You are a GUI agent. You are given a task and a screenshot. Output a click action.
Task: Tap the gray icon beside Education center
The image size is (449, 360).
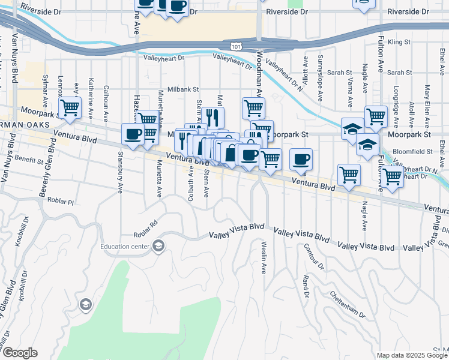pos(158,246)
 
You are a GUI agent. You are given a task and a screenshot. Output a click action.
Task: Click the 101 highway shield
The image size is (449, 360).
pos(235,46)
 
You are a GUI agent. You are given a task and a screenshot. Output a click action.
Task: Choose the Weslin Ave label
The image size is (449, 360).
pos(264,257)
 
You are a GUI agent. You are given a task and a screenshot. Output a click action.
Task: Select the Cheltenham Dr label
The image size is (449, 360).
pos(348,305)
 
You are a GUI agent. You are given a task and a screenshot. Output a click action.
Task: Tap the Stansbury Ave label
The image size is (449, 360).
pos(120,178)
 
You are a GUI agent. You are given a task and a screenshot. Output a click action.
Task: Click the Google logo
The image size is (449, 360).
pos(20,353)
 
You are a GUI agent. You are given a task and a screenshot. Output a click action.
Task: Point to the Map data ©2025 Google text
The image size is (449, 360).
pos(412,355)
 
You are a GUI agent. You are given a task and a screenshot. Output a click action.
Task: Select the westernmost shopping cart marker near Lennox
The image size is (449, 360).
pos(70,109)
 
